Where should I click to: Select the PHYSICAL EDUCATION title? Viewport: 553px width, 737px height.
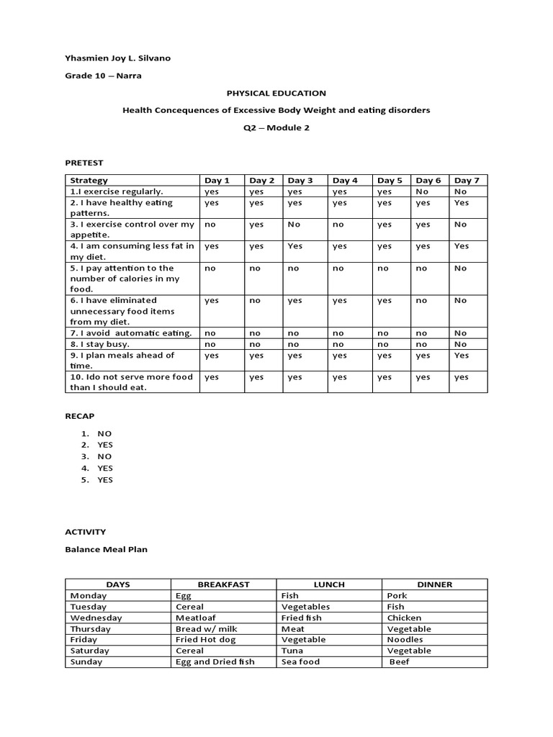[276, 93]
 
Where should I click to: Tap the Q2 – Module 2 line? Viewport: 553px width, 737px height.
[276, 128]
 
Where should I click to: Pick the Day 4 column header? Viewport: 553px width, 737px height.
[345, 181]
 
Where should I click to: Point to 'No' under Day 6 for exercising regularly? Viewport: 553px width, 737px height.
[423, 191]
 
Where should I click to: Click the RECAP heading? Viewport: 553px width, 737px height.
[80, 416]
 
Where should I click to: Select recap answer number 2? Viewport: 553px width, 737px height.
[105, 445]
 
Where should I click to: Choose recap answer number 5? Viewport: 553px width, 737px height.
[105, 480]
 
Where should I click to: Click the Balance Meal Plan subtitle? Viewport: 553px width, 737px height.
[106, 550]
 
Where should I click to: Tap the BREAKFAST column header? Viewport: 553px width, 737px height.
[223, 584]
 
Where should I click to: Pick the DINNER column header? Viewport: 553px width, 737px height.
[435, 584]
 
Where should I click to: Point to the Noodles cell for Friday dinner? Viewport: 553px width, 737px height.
[405, 639]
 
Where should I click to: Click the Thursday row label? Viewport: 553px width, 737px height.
[90, 628]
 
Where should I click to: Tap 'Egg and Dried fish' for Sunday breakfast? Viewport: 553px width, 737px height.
[215, 661]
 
